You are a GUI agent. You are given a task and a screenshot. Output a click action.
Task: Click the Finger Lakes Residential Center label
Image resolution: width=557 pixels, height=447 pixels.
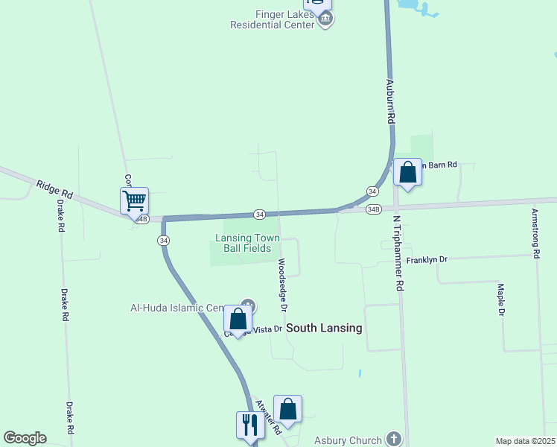(273, 19)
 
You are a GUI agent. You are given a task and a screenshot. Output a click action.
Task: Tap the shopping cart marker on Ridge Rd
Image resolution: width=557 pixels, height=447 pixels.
(134, 200)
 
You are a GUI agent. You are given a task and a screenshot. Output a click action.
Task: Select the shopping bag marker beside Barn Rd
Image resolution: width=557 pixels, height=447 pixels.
(407, 172)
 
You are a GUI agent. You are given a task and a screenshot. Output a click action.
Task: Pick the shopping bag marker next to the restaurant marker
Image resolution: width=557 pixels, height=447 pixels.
(287, 409)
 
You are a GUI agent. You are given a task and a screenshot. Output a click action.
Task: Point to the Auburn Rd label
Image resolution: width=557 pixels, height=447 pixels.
(389, 97)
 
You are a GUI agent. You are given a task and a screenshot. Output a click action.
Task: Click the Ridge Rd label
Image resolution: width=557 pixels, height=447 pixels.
(54, 188)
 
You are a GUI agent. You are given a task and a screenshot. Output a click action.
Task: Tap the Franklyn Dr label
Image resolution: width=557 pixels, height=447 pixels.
(427, 259)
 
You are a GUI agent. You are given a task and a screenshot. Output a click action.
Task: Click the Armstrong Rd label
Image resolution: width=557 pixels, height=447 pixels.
(535, 232)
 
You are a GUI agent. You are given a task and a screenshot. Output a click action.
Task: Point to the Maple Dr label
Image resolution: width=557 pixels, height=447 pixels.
(501, 299)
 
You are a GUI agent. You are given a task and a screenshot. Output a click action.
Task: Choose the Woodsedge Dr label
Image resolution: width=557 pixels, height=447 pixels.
(282, 285)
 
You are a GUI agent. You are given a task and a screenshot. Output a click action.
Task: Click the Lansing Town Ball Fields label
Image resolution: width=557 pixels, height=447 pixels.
(248, 243)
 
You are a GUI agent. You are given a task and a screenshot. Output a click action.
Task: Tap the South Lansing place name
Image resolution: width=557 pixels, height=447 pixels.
(324, 328)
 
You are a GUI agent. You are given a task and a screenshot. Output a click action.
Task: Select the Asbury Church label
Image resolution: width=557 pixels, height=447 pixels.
(348, 440)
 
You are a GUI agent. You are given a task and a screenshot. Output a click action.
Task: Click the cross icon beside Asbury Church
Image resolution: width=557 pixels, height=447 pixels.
(394, 440)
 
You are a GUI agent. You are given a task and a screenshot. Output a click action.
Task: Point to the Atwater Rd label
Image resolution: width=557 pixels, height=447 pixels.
(268, 417)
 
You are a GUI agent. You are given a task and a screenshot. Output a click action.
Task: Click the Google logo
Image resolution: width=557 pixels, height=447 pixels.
(25, 438)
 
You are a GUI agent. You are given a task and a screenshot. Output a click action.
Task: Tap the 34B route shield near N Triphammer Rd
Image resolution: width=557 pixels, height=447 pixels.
(374, 209)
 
